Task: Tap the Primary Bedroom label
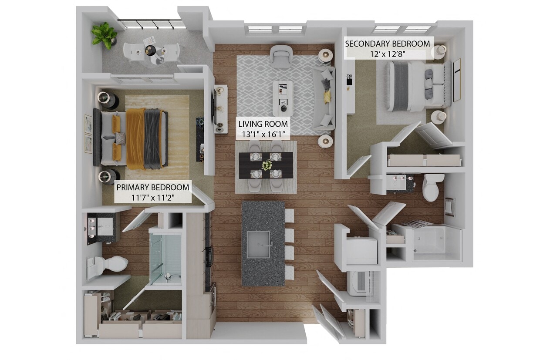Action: pyautogui.click(x=152, y=188)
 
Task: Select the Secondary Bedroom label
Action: pyautogui.click(x=387, y=44)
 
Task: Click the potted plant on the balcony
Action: pyautogui.click(x=104, y=34)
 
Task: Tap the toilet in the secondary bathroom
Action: pyautogui.click(x=432, y=187)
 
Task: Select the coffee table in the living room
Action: pyautogui.click(x=283, y=95)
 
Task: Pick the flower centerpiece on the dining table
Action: pyautogui.click(x=266, y=165)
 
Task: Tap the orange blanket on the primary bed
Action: pyautogui.click(x=135, y=138)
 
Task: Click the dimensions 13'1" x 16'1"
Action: pyautogui.click(x=263, y=134)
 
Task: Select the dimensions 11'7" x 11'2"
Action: pyautogui.click(x=152, y=197)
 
